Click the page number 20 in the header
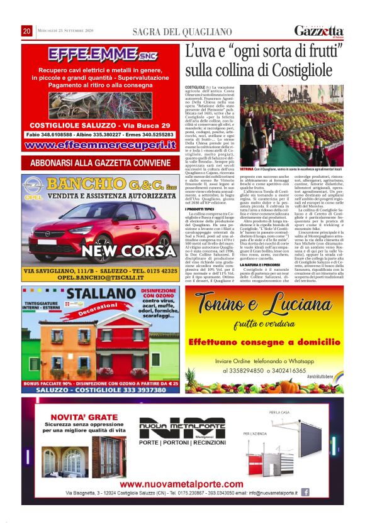pos(27,31)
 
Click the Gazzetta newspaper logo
pos(319,31)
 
